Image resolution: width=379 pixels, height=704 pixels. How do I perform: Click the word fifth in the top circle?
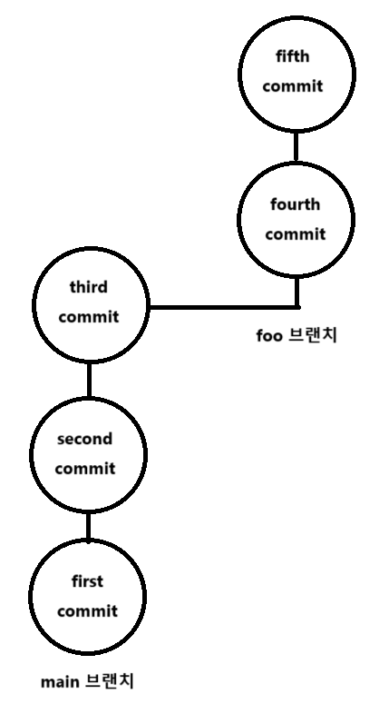click(293, 56)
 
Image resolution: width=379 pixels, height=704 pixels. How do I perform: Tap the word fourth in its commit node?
click(295, 204)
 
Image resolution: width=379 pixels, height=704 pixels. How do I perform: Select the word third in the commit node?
click(89, 286)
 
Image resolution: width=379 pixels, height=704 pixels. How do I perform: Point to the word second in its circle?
click(84, 439)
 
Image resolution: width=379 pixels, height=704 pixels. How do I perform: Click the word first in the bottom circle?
click(87, 581)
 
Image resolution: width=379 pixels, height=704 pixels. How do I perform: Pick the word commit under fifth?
click(293, 85)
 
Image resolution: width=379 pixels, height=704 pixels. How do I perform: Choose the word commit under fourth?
click(296, 234)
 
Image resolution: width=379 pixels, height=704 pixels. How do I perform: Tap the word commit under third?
click(89, 316)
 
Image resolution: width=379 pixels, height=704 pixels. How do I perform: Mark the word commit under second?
click(85, 469)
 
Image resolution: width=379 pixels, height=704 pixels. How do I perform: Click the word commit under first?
click(87, 611)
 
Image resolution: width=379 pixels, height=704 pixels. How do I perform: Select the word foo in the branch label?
click(269, 336)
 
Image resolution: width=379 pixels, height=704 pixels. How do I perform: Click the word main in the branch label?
click(60, 682)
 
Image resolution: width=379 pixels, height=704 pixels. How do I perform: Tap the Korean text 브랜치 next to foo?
click(312, 335)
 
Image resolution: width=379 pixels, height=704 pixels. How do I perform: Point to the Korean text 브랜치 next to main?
click(109, 682)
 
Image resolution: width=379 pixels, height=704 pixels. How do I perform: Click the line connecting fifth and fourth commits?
click(296, 147)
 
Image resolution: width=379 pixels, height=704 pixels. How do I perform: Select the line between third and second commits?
click(89, 380)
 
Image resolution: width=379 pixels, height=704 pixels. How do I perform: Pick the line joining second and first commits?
click(88, 526)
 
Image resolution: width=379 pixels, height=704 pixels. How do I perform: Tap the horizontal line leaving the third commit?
click(224, 308)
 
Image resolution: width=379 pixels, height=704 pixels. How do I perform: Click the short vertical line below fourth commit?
click(296, 292)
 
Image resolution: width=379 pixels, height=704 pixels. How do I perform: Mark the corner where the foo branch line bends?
click(297, 308)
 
